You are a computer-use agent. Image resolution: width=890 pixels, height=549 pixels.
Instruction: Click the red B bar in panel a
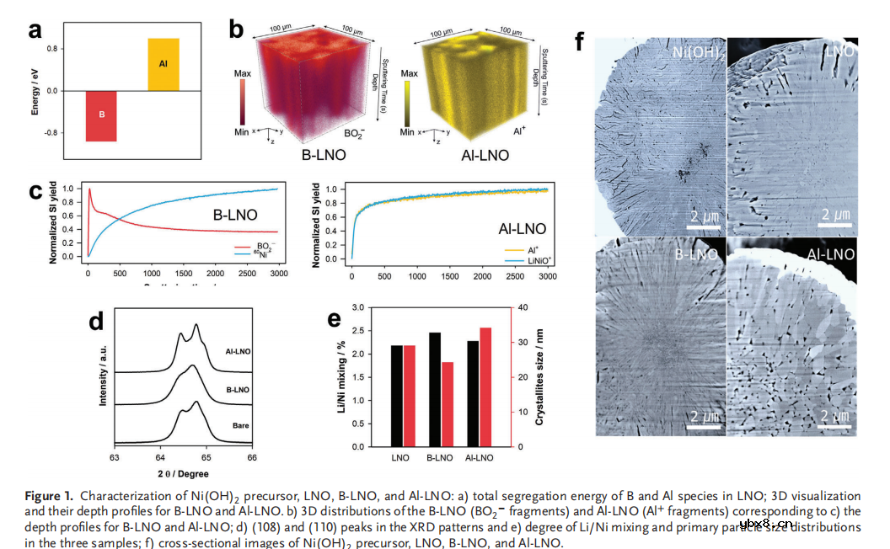(x=100, y=116)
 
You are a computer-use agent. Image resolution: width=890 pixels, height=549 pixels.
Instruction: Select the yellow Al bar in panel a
(x=164, y=64)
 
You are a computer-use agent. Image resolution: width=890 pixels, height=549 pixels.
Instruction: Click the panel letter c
(x=36, y=190)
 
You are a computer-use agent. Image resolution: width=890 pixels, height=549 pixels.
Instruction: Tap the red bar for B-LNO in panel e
(x=448, y=404)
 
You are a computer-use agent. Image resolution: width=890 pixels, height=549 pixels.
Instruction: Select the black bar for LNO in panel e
(x=397, y=396)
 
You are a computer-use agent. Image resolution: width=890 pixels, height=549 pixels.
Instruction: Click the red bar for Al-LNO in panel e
(x=485, y=386)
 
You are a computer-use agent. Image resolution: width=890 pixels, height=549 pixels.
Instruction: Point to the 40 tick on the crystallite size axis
(x=522, y=308)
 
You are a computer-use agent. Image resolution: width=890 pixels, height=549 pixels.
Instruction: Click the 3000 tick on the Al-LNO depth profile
(x=547, y=276)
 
